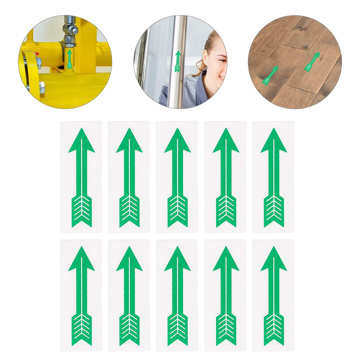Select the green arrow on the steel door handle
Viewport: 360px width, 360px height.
coord(177,61)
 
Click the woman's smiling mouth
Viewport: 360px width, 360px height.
coord(222,77)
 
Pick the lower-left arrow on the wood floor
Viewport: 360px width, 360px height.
coord(270,76)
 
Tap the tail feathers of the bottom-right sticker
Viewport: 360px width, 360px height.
coord(274,329)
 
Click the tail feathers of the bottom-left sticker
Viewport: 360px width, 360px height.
coord(82,329)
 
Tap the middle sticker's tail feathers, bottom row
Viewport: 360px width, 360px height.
coord(177,329)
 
